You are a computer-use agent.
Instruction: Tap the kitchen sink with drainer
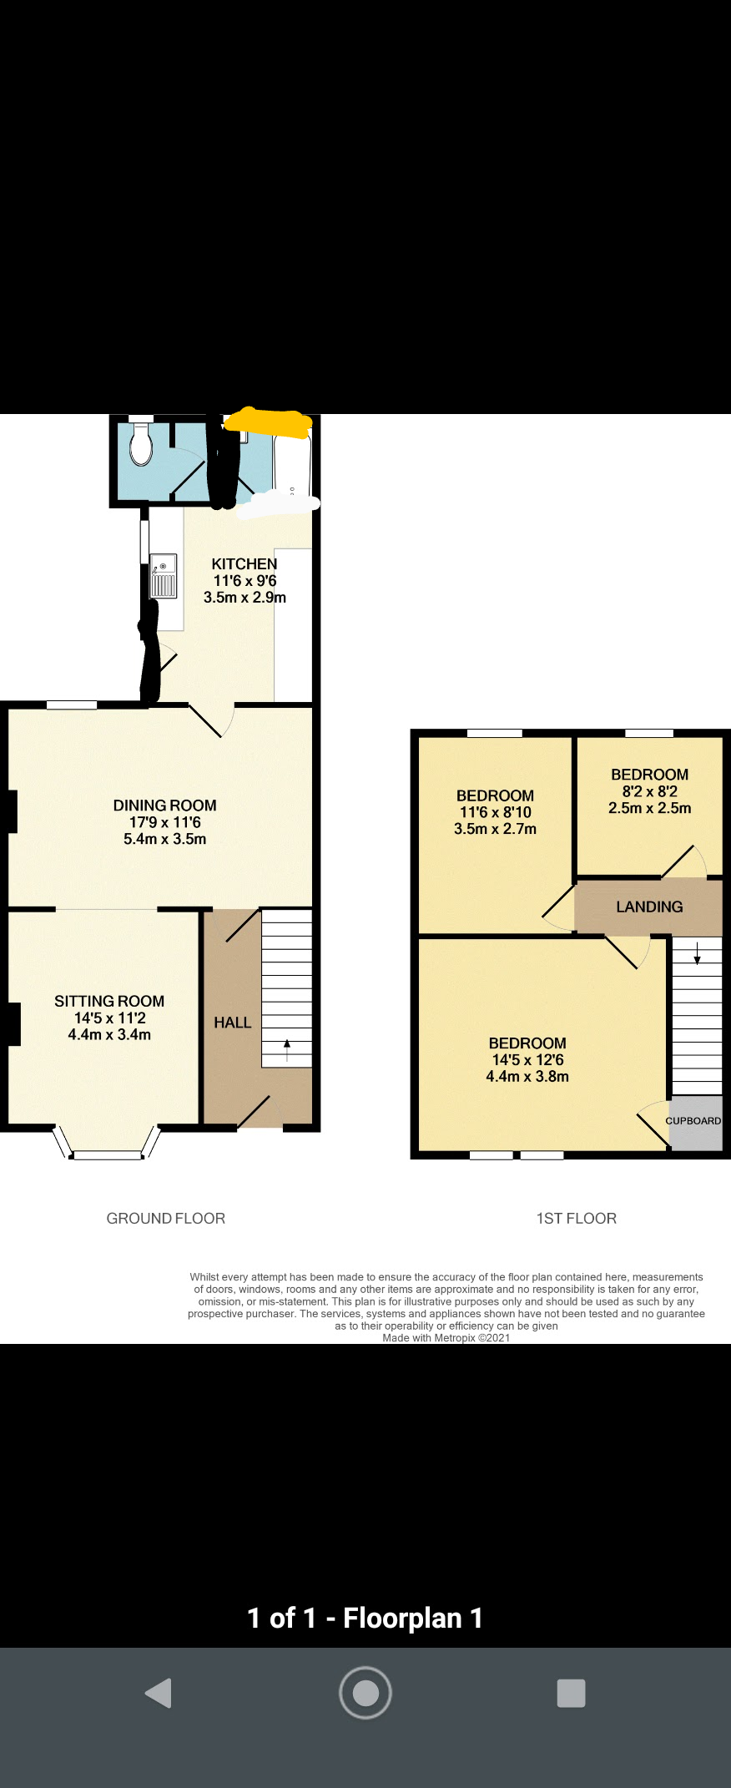[x=164, y=576]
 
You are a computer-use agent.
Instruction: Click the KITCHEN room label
[x=245, y=564]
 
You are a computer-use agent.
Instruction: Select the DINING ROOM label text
[x=165, y=806]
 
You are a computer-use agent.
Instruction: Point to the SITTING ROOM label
[x=109, y=1001]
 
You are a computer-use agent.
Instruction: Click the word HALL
[x=233, y=1023]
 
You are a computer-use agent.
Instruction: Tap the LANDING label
[x=649, y=907]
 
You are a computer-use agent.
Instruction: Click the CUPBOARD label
[x=693, y=1120]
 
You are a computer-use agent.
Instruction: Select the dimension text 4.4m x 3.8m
[x=527, y=1077]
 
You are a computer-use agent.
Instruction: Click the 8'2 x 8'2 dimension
[x=650, y=791]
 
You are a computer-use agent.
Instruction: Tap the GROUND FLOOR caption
[x=166, y=1219]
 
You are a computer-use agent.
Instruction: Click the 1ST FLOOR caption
[x=577, y=1219]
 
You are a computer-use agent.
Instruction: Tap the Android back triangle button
[x=159, y=1693]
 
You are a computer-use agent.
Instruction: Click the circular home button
[x=365, y=1692]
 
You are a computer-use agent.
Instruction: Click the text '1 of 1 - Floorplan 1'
[x=365, y=1619]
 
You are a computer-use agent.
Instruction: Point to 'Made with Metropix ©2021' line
[x=446, y=1337]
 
